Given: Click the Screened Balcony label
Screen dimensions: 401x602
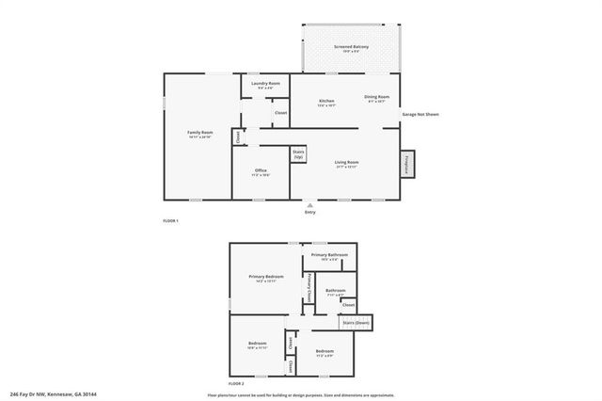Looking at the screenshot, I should (351, 47).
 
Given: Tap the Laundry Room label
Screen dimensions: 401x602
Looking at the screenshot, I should (265, 85).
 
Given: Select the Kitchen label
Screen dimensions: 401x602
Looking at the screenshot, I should (326, 102).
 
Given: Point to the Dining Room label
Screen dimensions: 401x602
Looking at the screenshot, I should (376, 98).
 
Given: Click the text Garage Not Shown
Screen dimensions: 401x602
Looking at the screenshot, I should (420, 114).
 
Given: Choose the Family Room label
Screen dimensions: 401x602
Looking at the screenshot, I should (199, 134).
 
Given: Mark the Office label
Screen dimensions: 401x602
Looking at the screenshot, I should (261, 171).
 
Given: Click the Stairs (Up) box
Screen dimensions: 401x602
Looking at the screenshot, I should (298, 153).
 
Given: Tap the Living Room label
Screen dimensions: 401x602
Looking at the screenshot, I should (347, 164).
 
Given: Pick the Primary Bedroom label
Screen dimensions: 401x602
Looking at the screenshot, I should (267, 278).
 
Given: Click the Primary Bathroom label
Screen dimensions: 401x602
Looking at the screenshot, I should (329, 256).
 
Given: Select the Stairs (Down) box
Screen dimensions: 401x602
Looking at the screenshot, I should (356, 323).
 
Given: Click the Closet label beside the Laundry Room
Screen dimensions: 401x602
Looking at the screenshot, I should (280, 113).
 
